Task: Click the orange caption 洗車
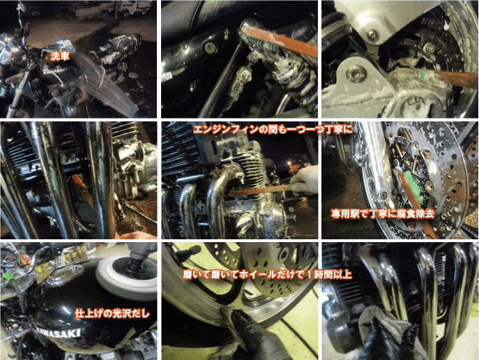(60, 55)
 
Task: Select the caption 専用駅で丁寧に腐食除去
(383, 213)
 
